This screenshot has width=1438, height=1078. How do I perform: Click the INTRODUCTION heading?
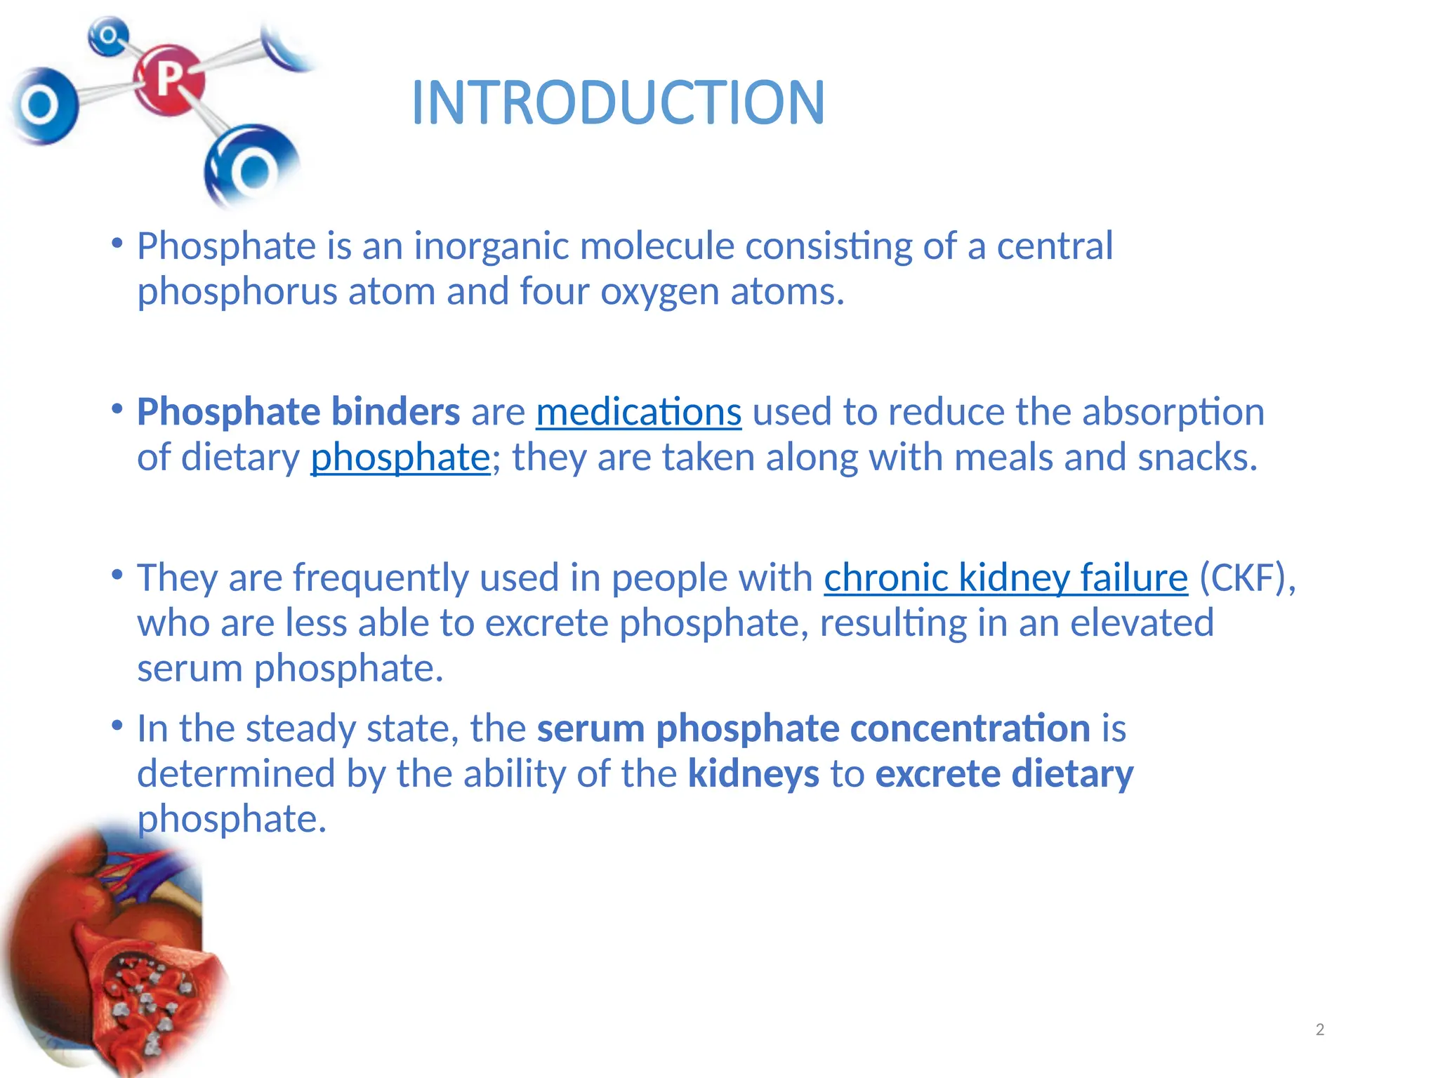click(618, 103)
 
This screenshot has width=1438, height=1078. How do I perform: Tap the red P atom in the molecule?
click(169, 79)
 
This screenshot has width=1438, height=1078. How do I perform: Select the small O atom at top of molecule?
click(108, 35)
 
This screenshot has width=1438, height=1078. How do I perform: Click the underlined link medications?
click(638, 412)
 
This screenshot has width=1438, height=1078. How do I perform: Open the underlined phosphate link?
click(400, 458)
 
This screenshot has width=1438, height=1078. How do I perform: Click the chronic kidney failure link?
click(1005, 578)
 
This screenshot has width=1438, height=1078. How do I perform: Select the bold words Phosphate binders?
click(298, 412)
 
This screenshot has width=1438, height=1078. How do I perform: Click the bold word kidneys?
click(753, 774)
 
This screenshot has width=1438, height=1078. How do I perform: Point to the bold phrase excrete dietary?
click(1004, 774)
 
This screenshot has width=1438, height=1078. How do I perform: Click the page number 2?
click(1319, 1030)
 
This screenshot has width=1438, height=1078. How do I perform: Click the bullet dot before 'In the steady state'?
click(117, 724)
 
